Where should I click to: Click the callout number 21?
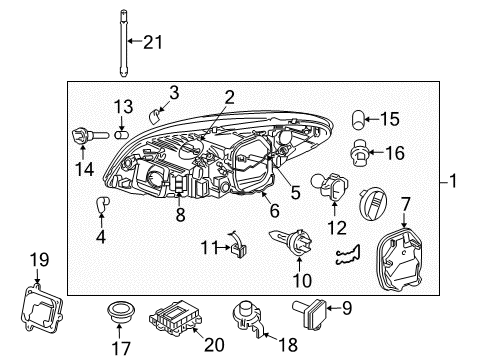(152, 42)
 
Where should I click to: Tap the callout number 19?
(38, 262)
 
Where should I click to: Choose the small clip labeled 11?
(237, 244)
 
